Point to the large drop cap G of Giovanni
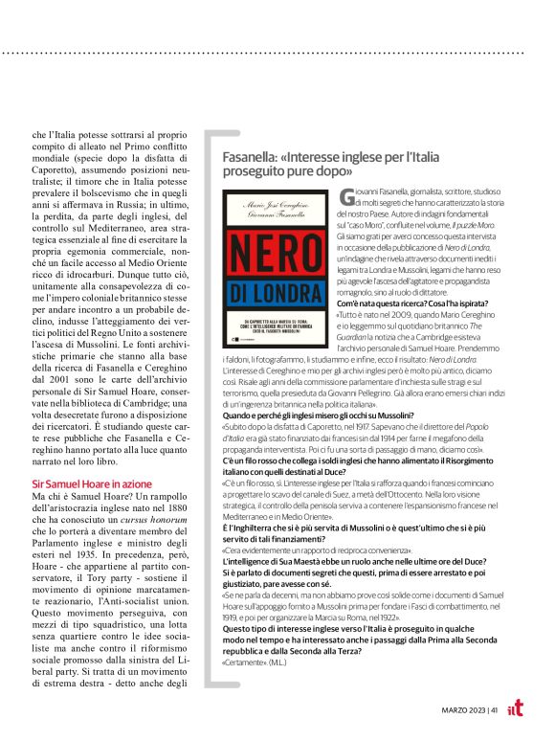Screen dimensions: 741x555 click(x=347, y=197)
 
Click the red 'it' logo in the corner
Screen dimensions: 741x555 click(x=517, y=707)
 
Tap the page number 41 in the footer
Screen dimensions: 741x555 click(x=493, y=709)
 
